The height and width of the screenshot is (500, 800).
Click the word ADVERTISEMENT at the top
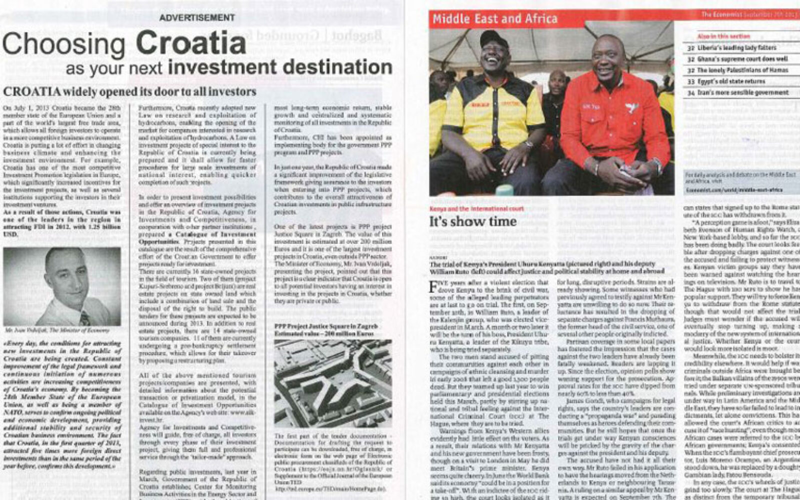(x=197, y=17)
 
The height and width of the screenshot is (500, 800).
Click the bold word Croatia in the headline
(x=190, y=43)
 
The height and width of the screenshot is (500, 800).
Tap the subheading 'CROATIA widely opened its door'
(x=129, y=92)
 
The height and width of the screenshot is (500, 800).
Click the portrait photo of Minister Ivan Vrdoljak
(x=62, y=286)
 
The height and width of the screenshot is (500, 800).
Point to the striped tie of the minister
(x=84, y=317)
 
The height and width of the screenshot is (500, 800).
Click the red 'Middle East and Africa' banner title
(x=494, y=19)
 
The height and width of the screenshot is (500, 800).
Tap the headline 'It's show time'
(x=472, y=221)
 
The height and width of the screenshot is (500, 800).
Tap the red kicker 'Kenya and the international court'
(x=476, y=208)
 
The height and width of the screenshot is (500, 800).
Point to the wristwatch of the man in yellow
(x=528, y=144)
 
